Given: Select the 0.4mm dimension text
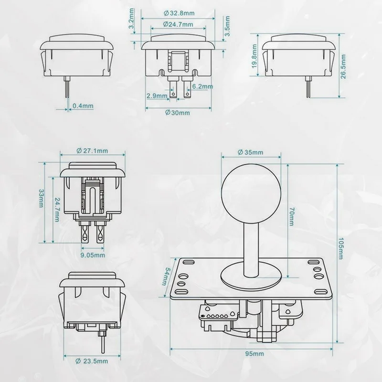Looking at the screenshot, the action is pos(83,106).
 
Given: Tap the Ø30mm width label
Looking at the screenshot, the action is pos(177,113).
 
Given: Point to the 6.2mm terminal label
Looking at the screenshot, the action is pos(202,86).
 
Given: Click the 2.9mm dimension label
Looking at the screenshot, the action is pos(157,95).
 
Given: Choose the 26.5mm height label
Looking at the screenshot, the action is pos(343,66).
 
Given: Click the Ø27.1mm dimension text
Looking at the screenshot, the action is pos(92,151).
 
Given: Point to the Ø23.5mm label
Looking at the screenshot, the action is pos(92,361).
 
